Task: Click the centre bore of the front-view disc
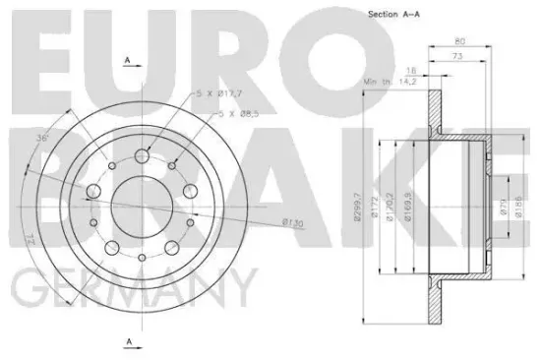tap(138, 203)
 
